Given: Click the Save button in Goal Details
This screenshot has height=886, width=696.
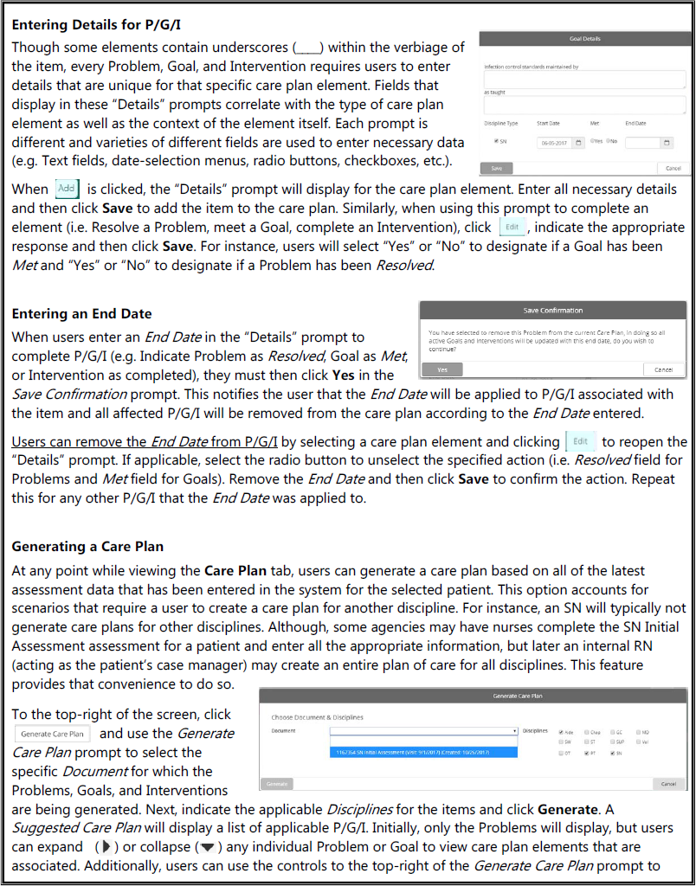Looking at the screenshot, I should (x=496, y=168).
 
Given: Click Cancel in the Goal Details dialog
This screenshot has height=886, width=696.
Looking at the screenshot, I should (x=673, y=168).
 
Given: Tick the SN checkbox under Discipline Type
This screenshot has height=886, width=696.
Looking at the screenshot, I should (x=496, y=141).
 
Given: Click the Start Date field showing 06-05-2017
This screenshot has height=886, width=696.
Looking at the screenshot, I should (x=554, y=143).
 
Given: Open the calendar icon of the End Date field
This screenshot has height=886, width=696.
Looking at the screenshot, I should (x=667, y=143).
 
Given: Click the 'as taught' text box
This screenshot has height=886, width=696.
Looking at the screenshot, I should (x=584, y=106).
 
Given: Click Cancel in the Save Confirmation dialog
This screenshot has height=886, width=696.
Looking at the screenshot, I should (x=664, y=369).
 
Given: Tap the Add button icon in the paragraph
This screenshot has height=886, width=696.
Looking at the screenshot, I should (x=67, y=188).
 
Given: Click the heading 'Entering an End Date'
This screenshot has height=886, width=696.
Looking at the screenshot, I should (x=81, y=313).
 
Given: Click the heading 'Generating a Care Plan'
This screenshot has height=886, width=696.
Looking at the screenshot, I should (x=87, y=547).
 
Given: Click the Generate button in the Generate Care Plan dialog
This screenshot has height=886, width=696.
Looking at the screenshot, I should (x=277, y=784).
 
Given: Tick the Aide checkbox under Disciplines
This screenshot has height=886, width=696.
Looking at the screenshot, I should (x=562, y=731).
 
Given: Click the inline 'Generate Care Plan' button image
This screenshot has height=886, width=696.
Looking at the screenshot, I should (x=53, y=734).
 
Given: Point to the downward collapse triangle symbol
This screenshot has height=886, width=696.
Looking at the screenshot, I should (x=205, y=847).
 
